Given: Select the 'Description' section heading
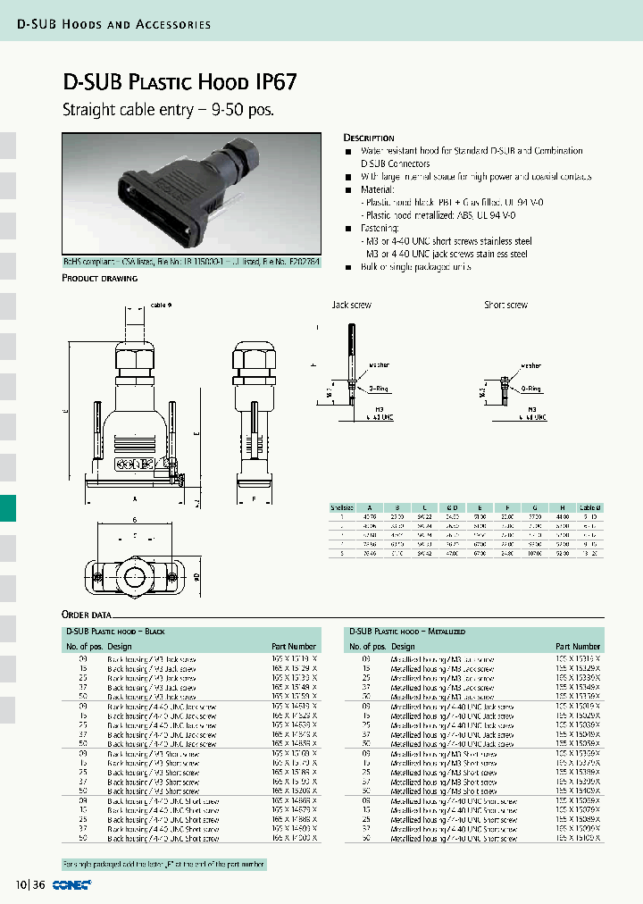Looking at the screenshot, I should pos(369,138).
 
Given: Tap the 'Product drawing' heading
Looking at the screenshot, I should pos(99,278).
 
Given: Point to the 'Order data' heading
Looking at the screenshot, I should pos(87,615).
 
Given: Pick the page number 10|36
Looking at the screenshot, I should pos(29,884).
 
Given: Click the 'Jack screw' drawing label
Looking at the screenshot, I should pos(351,305).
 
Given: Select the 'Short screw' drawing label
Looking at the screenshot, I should pos(505,305).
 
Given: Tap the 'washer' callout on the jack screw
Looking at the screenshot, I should pos(379,365).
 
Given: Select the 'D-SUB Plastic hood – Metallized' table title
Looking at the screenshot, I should pos(407,631).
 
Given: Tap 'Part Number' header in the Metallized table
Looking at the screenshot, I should pos(577,646).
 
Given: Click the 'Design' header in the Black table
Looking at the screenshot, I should pos(120,646).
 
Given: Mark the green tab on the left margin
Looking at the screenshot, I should pos(8,508).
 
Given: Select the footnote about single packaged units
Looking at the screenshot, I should pos(163,865).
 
